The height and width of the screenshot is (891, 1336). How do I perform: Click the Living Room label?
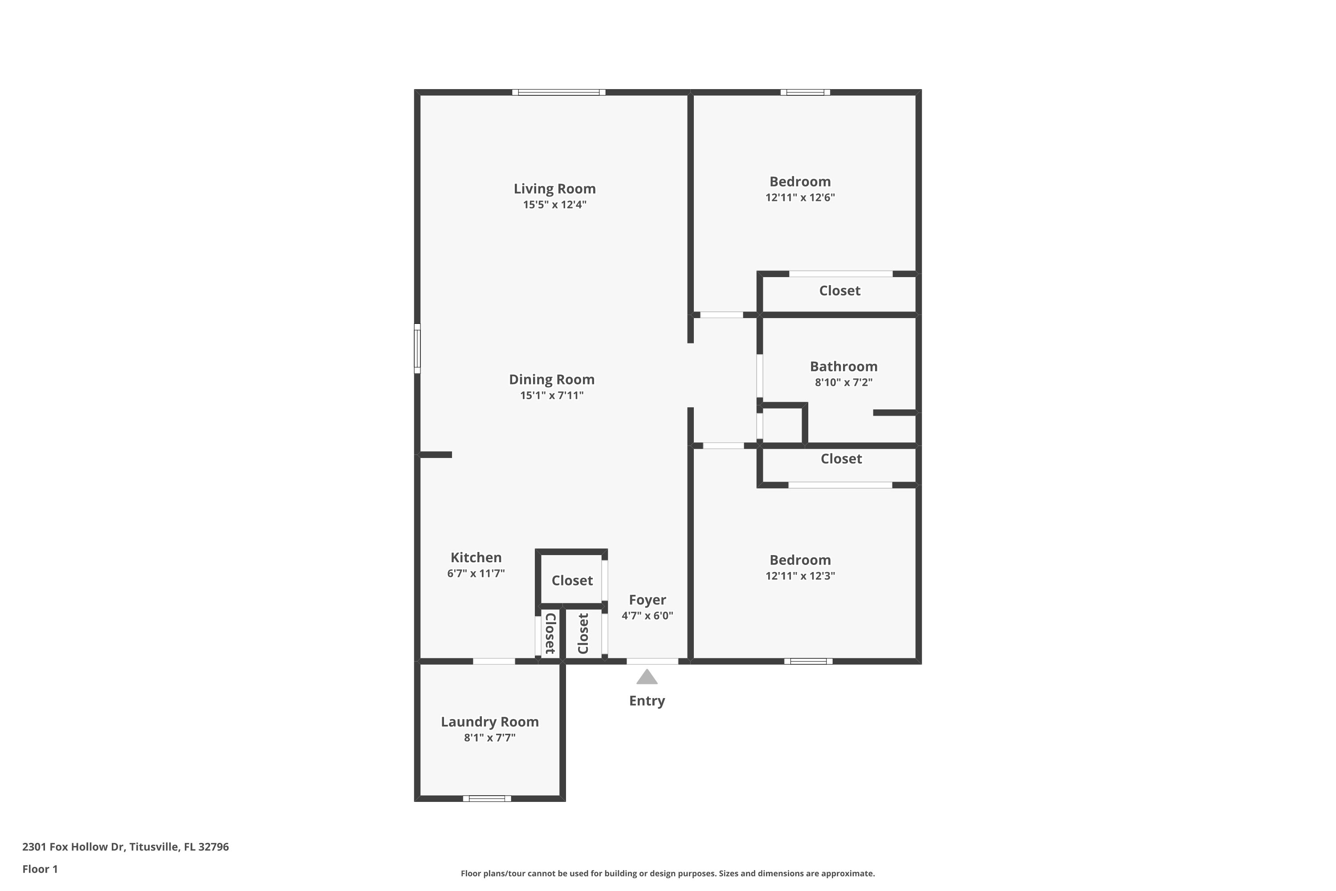point(554,188)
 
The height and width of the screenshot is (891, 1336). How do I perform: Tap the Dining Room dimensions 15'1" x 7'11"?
point(552,396)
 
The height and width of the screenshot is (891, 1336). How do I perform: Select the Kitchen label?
point(476,557)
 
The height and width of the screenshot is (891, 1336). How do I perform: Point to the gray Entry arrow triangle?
point(647,677)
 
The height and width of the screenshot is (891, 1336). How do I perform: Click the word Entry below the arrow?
point(647,701)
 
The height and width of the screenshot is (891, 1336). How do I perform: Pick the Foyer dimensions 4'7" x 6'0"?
point(647,615)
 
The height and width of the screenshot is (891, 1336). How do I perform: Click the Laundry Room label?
point(489,722)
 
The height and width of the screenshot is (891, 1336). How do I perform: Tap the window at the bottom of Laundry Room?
point(487,798)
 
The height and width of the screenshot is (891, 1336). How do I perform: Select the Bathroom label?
point(843,367)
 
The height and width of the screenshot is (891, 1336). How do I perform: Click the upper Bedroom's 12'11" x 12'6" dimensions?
point(800,198)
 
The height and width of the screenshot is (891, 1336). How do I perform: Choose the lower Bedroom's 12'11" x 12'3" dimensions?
point(800,576)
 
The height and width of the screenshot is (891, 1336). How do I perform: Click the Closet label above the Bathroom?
point(839,291)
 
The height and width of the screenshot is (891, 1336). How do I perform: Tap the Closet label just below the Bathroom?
point(841,458)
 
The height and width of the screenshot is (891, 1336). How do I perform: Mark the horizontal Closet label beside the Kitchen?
point(572,580)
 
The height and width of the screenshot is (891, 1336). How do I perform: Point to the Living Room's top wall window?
point(558,93)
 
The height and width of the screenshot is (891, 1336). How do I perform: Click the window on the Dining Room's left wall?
point(417,348)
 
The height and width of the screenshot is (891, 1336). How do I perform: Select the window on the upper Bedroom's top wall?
point(805,93)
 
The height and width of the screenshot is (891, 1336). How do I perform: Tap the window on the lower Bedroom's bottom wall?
point(808,661)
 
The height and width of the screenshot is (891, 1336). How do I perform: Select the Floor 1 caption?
point(40,869)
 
